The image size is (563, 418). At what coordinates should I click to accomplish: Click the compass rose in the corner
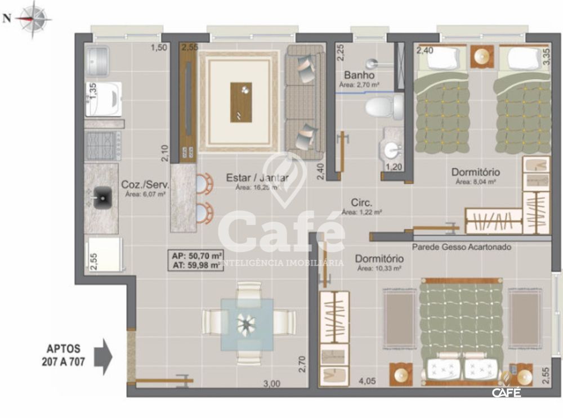point(34,17)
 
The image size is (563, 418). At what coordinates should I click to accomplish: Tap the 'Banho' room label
point(359,75)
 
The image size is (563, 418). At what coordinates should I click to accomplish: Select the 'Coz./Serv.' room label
point(145,184)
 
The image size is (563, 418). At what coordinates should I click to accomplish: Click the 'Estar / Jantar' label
point(257,178)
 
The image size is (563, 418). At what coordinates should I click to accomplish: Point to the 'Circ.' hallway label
point(361,203)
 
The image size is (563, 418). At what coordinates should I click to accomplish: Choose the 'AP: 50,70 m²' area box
point(196,256)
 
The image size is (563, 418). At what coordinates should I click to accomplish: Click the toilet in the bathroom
point(383,106)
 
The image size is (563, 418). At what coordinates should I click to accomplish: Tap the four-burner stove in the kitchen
point(102,146)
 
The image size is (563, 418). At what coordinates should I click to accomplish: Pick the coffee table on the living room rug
point(241,102)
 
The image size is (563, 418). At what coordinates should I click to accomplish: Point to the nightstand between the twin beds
point(482,56)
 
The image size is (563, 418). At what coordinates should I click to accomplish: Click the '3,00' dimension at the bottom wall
point(272,384)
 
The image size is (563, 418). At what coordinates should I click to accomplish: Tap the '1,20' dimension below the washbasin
point(394,167)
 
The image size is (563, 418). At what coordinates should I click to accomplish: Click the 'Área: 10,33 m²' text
point(379,269)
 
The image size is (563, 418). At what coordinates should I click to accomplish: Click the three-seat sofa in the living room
point(305,101)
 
